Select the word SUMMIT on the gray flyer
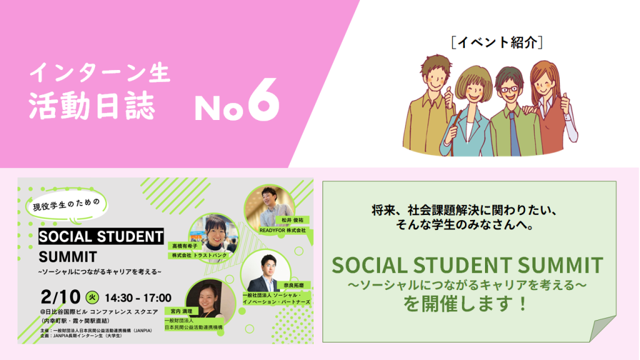(67, 256)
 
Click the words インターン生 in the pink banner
(100, 73)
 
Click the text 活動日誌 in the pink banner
(91, 106)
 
